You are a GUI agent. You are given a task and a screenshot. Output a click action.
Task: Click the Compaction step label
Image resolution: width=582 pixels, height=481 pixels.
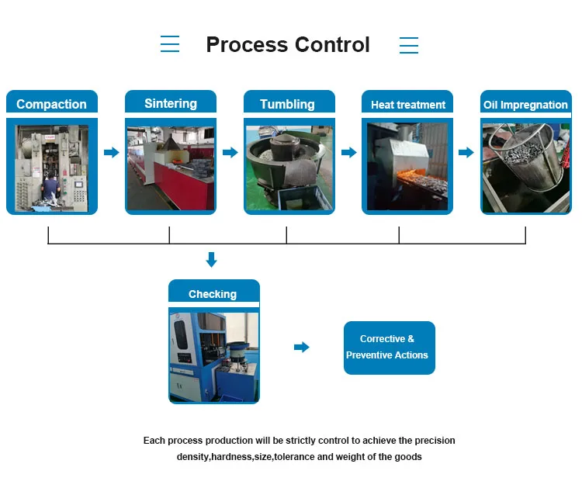tap(51, 104)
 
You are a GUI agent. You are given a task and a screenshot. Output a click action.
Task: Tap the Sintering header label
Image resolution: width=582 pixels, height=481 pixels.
tap(171, 103)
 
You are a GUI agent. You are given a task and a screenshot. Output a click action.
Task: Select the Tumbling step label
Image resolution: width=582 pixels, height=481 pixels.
tap(287, 104)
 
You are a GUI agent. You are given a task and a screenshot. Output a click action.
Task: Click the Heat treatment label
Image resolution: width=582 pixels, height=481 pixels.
tap(408, 105)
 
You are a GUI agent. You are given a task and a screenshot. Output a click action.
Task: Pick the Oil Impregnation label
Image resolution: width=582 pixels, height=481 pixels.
tap(525, 105)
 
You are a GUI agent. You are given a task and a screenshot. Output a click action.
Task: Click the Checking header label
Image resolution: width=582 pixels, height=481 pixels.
tap(213, 294)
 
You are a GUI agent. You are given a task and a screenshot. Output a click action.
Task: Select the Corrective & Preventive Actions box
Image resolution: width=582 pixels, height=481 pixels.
tap(390, 348)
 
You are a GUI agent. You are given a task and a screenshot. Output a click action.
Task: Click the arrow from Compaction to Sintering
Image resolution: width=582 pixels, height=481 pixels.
tap(111, 152)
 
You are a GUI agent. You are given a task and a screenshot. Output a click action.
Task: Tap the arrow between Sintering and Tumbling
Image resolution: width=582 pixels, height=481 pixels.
tap(230, 152)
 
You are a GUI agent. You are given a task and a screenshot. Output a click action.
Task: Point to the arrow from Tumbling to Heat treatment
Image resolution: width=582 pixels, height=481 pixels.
tap(349, 152)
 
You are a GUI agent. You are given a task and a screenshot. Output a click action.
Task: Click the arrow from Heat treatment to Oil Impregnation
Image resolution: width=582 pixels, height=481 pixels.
tap(466, 152)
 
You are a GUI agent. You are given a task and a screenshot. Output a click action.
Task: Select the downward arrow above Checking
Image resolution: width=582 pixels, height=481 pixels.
tap(212, 260)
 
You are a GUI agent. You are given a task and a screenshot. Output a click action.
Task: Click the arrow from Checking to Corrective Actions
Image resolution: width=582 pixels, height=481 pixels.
tap(301, 347)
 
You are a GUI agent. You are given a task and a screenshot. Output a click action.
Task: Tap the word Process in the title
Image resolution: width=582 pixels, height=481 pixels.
tap(247, 45)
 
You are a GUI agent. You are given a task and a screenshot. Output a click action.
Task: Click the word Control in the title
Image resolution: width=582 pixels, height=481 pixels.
tap(333, 44)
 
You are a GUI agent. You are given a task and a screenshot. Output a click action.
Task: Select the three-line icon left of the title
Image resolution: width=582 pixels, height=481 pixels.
tap(170, 43)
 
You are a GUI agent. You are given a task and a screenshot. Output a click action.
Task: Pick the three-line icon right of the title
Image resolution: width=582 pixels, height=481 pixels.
tap(409, 45)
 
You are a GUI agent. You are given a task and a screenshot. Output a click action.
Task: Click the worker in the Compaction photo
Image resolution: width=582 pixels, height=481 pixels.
tap(50, 189)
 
